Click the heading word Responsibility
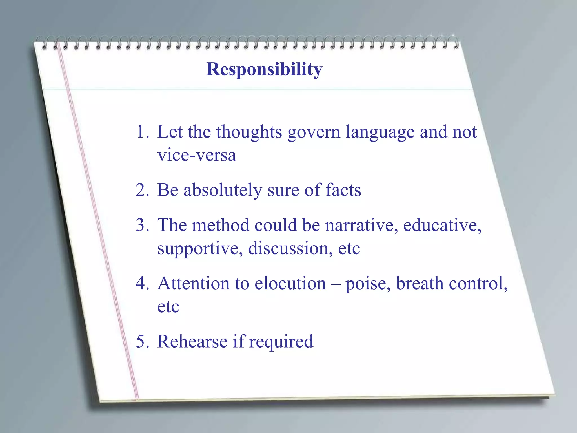[x=264, y=69]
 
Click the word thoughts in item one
[x=249, y=132]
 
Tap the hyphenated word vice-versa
[x=197, y=155]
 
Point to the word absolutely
[x=223, y=190]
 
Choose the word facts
[x=343, y=190]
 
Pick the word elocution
[x=290, y=283]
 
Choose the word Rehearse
[x=192, y=341]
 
